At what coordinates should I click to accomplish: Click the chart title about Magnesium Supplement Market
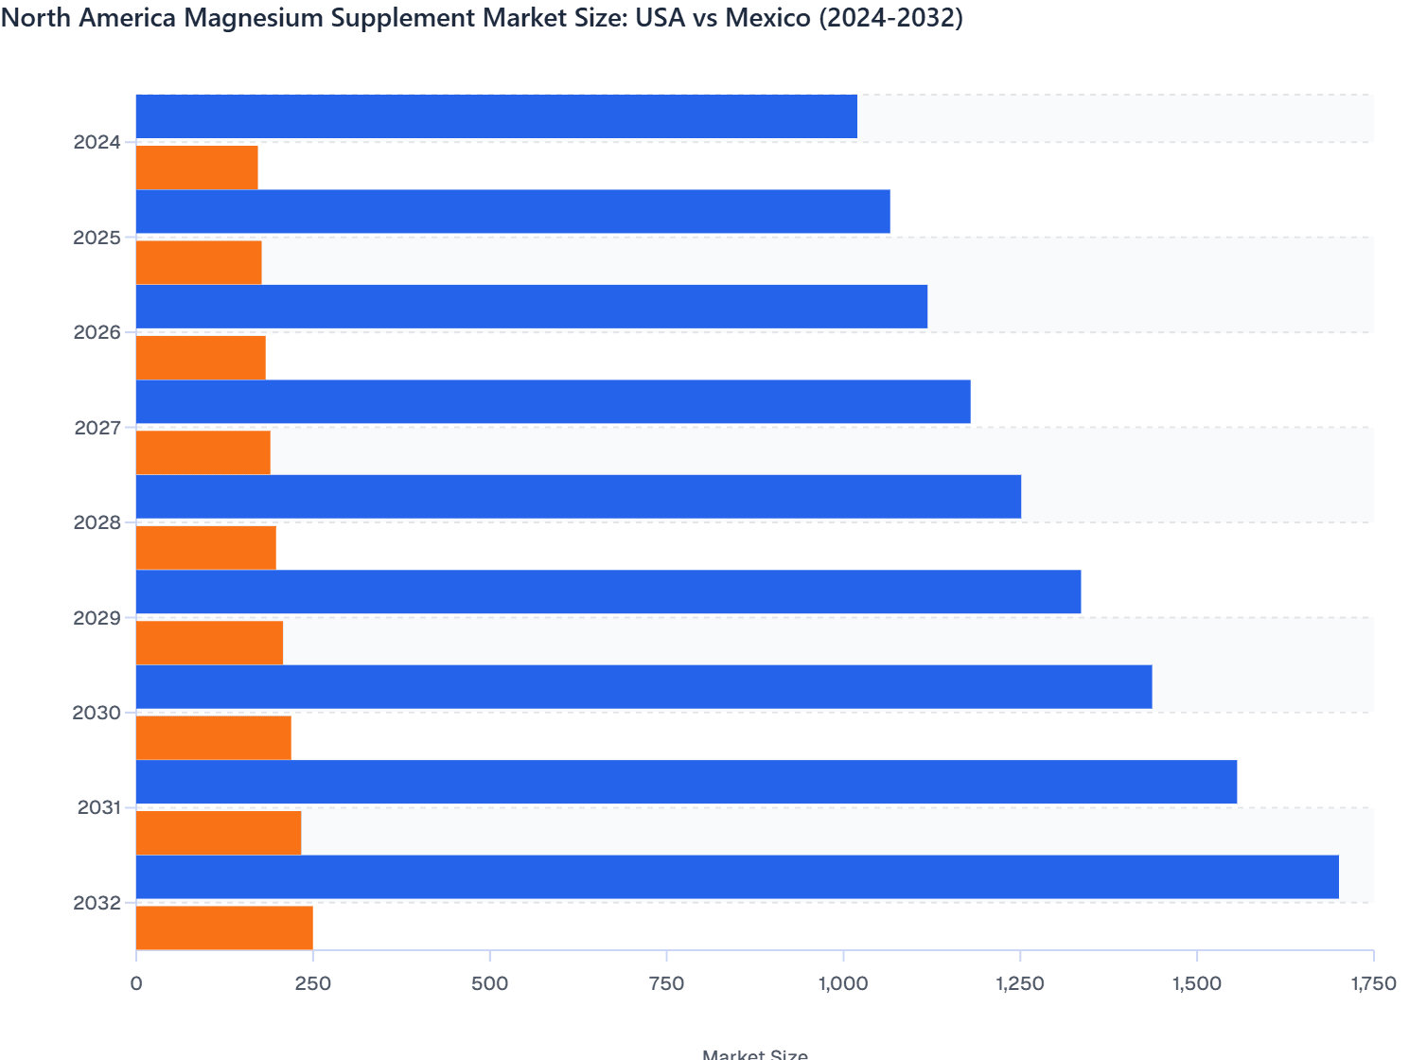(x=482, y=18)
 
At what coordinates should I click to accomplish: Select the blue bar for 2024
(x=497, y=116)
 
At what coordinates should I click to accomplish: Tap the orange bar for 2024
(x=197, y=168)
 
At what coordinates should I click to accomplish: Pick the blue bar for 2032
(x=737, y=876)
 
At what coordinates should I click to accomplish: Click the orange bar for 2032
(x=224, y=927)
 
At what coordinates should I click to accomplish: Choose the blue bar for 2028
(x=578, y=497)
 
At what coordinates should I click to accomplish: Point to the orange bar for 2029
(x=209, y=643)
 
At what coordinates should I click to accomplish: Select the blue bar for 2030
(x=643, y=686)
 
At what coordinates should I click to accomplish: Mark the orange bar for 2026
(x=201, y=358)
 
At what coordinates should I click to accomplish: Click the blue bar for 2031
(x=686, y=782)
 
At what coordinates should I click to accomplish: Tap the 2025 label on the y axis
(x=97, y=238)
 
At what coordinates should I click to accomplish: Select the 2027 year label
(x=97, y=428)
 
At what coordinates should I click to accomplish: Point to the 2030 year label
(x=97, y=713)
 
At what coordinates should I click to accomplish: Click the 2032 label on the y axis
(x=97, y=903)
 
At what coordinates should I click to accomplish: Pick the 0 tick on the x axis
(x=136, y=983)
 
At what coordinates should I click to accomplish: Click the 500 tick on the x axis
(x=489, y=983)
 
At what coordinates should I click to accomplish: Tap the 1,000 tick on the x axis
(x=843, y=983)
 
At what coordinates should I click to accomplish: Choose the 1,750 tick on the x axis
(x=1373, y=983)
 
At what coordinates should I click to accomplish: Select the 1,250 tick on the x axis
(x=1020, y=983)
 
